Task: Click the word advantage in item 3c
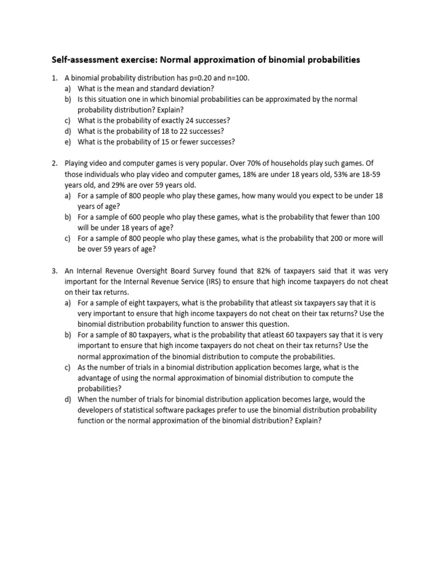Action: (96, 378)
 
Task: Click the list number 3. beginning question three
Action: (55, 271)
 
